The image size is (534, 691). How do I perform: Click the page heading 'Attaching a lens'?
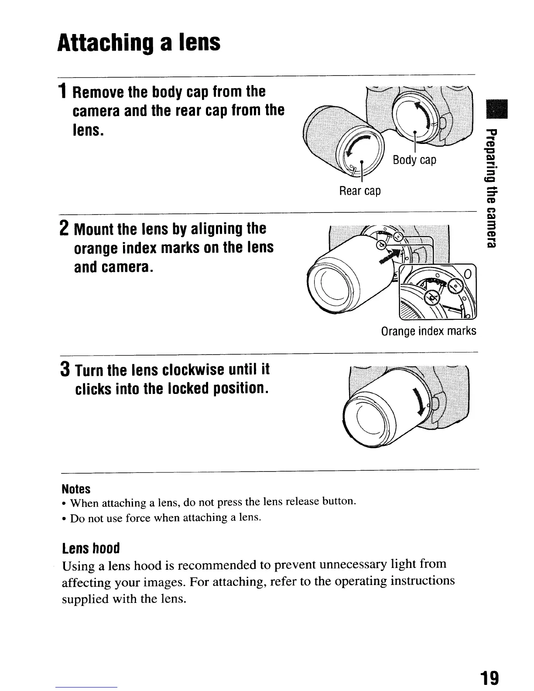point(139,43)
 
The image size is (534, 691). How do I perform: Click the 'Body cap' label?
point(414,160)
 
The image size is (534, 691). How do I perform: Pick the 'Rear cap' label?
point(359,191)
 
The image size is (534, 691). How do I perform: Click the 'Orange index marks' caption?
point(428,331)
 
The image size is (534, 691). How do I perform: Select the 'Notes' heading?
point(76,489)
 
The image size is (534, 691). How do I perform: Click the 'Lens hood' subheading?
point(91,548)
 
